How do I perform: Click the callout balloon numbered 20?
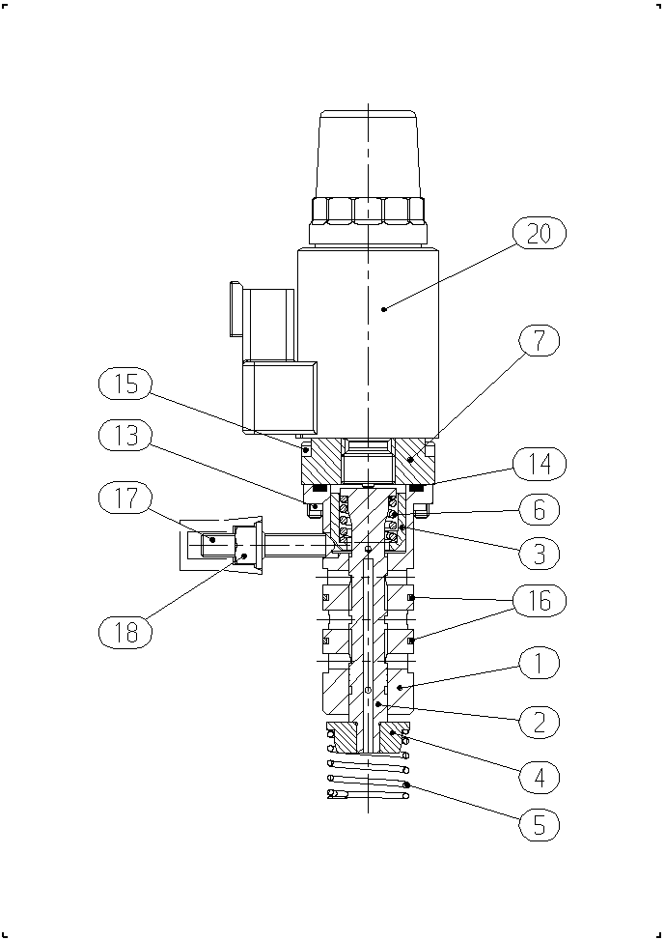tap(540, 233)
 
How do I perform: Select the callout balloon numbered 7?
tap(540, 341)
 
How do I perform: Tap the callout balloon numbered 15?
tap(125, 385)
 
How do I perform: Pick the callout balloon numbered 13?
tap(125, 436)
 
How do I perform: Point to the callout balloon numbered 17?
tap(125, 498)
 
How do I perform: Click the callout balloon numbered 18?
tap(125, 631)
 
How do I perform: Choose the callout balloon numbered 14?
tap(540, 464)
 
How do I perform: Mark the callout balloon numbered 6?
tap(540, 509)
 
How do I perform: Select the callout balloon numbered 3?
tap(540, 554)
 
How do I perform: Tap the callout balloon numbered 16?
tap(540, 600)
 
